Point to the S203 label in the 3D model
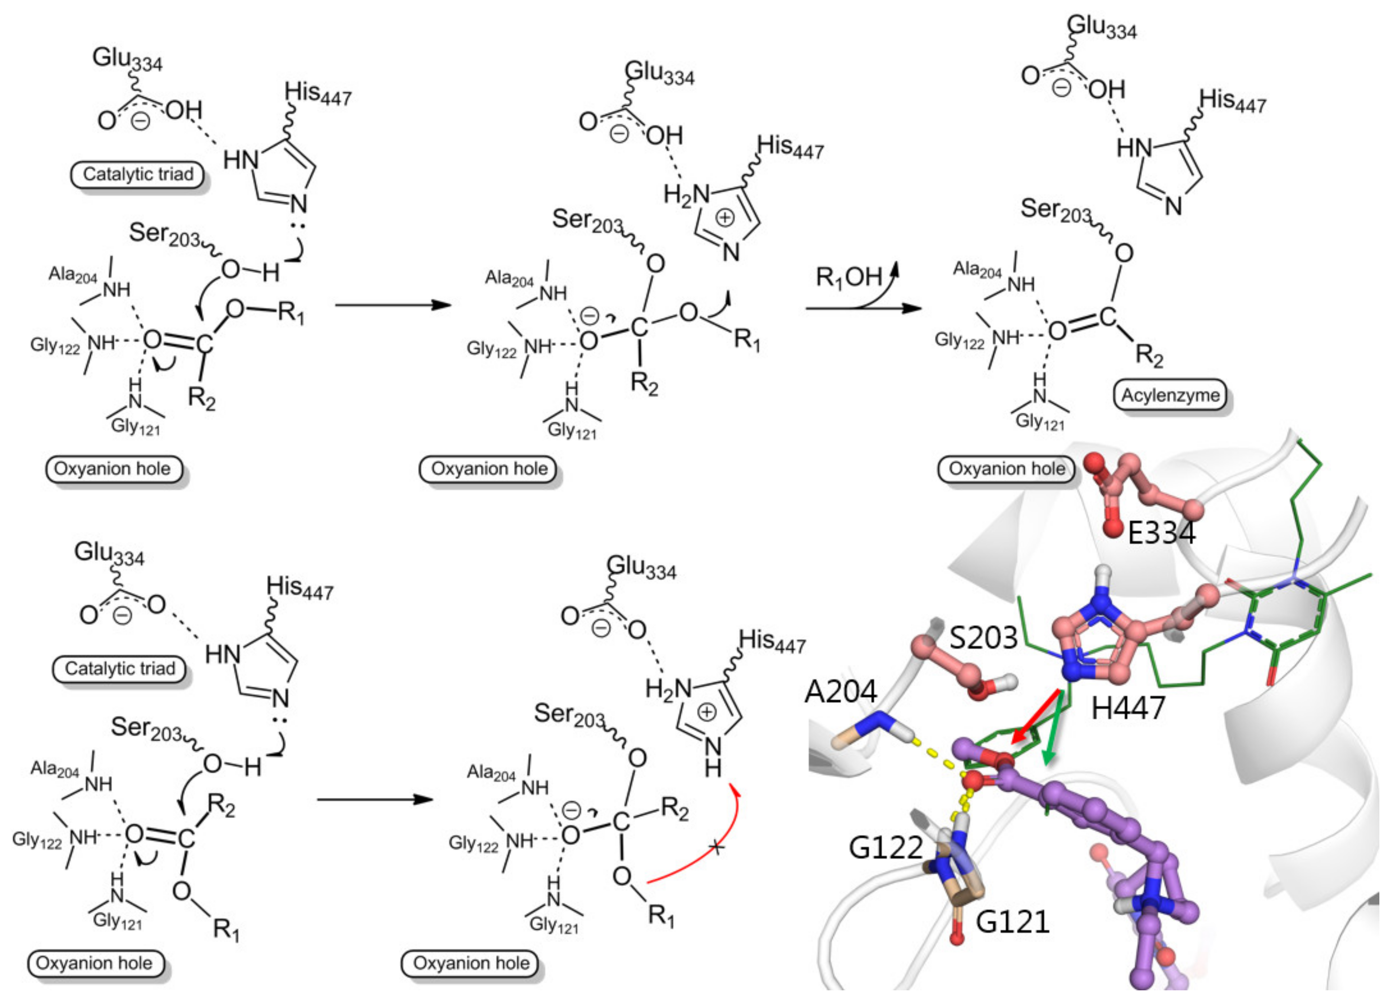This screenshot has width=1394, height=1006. (983, 638)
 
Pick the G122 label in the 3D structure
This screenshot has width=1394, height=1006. (886, 848)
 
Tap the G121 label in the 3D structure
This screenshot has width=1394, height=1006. (1012, 922)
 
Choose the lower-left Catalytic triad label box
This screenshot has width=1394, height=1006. (120, 669)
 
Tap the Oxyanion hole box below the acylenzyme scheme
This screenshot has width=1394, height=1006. (1006, 469)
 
